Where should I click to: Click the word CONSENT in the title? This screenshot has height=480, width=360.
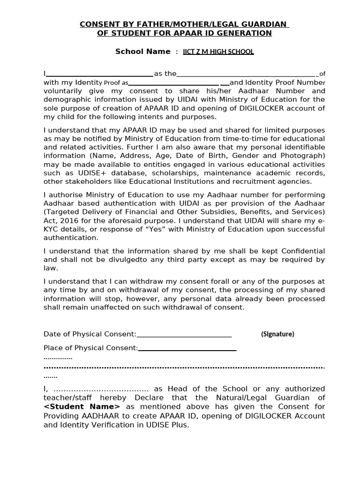point(96,24)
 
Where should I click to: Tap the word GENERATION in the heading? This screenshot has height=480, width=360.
point(245,33)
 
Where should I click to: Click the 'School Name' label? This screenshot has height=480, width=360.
point(142,52)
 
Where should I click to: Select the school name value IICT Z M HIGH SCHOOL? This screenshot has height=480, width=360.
point(218,52)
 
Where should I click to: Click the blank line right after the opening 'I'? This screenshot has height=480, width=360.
point(100,74)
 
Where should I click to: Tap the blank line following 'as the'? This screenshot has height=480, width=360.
point(246,74)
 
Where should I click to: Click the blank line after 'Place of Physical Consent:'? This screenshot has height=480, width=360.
point(187,348)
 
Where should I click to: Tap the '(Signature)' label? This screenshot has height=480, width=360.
point(277,334)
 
